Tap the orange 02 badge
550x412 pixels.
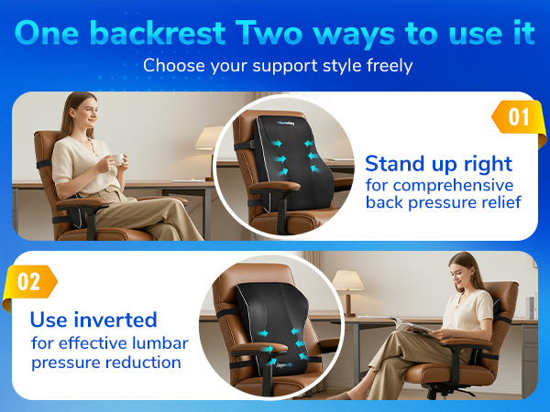click(29, 281)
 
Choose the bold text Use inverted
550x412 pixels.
click(93, 320)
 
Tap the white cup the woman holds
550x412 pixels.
click(116, 159)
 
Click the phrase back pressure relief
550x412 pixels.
click(444, 202)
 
